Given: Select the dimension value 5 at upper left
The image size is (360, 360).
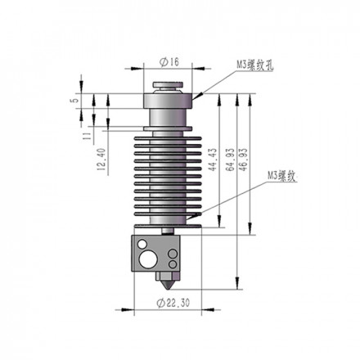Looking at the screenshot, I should click(75, 101).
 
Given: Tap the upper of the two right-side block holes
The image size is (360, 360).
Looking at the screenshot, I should click(173, 254).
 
